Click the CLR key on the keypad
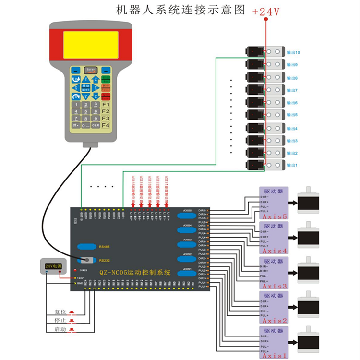[x=95, y=125]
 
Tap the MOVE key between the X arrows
[x=85, y=88]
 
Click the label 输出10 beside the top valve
[x=293, y=52]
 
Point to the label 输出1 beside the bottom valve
[x=292, y=165]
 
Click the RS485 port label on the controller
[x=104, y=247]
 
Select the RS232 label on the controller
[x=104, y=261]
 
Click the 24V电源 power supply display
[x=53, y=266]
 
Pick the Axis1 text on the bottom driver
[x=274, y=356]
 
